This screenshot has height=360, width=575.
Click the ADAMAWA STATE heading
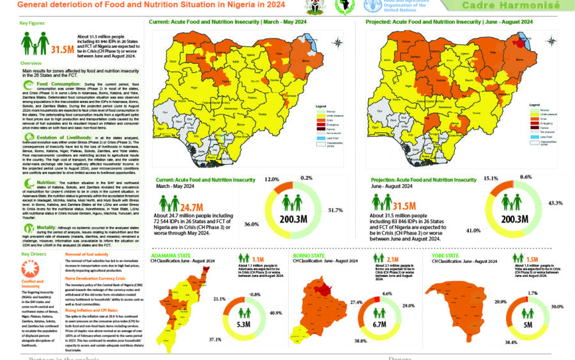click(x=171, y=255)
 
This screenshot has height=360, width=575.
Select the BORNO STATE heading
click(x=310, y=255)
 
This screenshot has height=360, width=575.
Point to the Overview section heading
click(x=31, y=64)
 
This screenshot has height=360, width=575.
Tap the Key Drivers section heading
click(x=33, y=254)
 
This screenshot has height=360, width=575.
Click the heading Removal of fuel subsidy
click(x=89, y=254)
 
